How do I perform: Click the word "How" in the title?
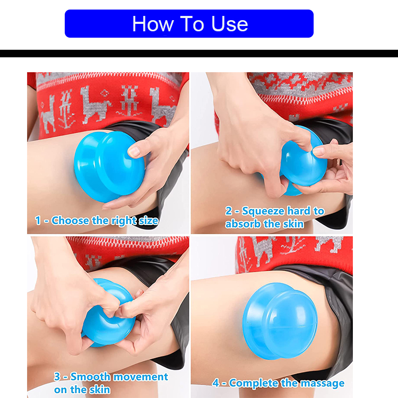coord(151,24)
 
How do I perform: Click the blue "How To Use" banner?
coord(189,24)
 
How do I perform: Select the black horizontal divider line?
coord(199,54)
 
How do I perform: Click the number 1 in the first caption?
coord(38,220)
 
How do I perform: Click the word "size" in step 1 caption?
coord(146,220)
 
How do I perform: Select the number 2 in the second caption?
coord(229,211)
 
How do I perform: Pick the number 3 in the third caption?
coord(57,377)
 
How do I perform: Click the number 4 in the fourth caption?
coord(216,383)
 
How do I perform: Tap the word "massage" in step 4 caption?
coord(322,383)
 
